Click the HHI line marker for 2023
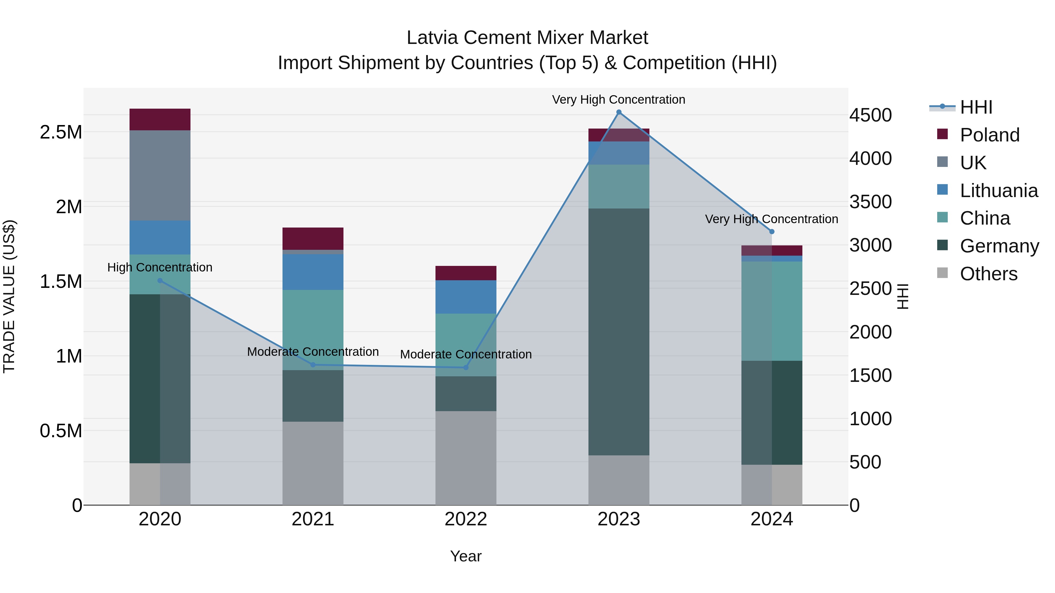click(x=619, y=112)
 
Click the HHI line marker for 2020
click(x=160, y=281)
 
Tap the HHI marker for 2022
click(x=466, y=368)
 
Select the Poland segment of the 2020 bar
click(x=160, y=119)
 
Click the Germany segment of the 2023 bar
click(x=619, y=331)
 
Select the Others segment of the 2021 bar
click(x=313, y=463)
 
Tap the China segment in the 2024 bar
click(x=772, y=311)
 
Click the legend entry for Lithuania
click(x=998, y=191)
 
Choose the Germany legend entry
click(x=999, y=246)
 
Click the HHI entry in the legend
click(x=976, y=107)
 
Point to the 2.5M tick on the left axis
click(x=61, y=132)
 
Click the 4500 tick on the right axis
click(x=870, y=115)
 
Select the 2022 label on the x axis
click(x=466, y=519)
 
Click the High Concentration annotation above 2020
click(x=160, y=267)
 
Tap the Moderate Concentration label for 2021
click(x=313, y=351)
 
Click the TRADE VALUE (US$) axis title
click(x=9, y=296)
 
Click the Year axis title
click(x=466, y=556)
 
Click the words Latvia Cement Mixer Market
click(x=527, y=38)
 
